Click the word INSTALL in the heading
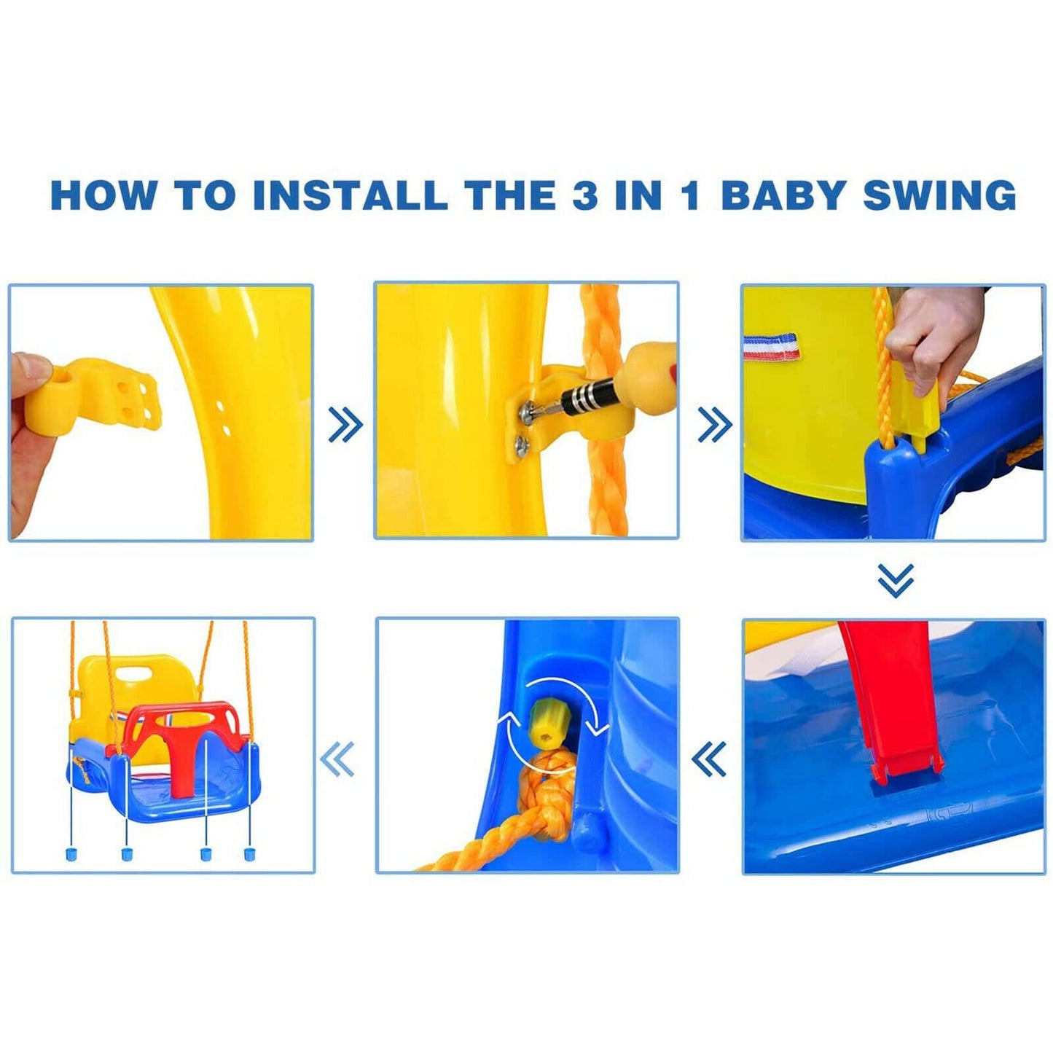click(x=350, y=195)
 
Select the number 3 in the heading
click(x=585, y=195)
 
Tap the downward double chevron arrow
click(x=895, y=580)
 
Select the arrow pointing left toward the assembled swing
click(x=337, y=759)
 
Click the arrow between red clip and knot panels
click(x=708, y=759)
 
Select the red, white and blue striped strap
click(x=771, y=346)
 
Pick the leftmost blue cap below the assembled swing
click(x=71, y=852)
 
